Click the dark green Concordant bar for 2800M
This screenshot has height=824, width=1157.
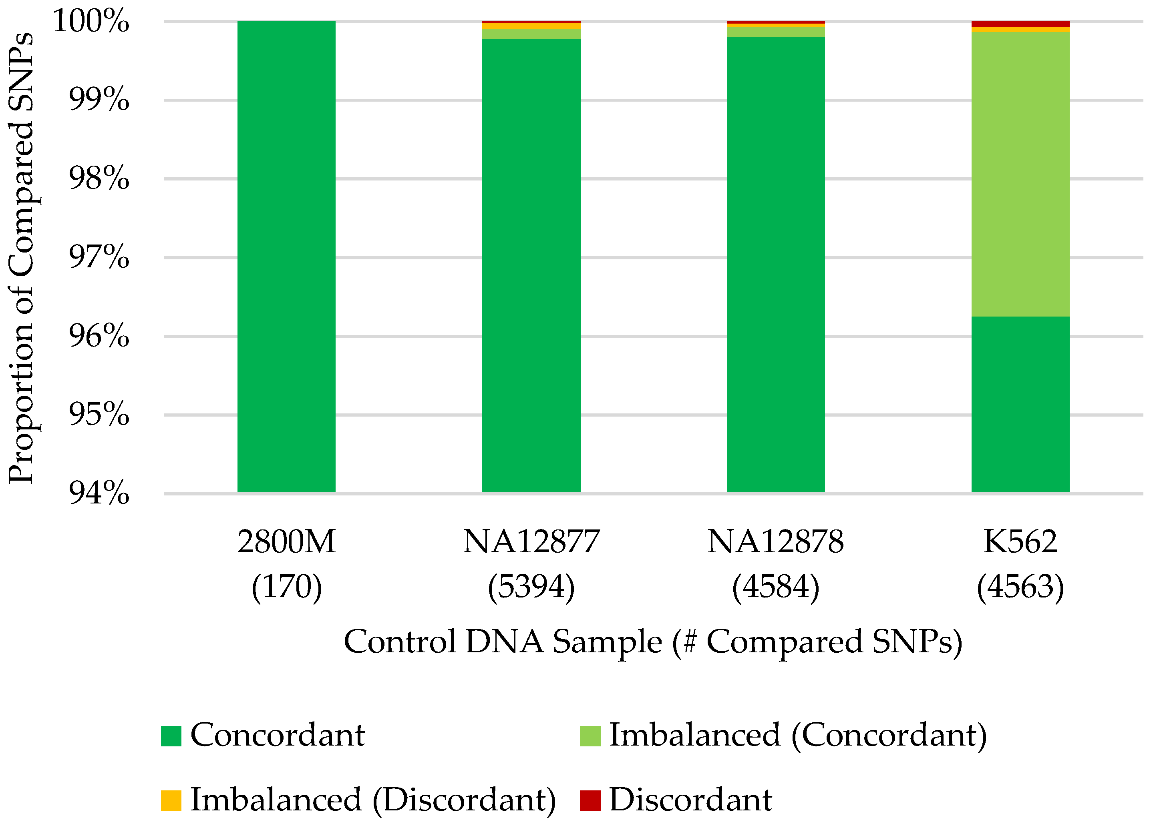286,256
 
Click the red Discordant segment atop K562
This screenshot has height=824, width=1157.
1020,24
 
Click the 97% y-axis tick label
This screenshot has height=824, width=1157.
99,257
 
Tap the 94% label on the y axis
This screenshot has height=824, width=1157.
99,493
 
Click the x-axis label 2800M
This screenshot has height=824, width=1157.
286,542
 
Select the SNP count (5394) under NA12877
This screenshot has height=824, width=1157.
531,587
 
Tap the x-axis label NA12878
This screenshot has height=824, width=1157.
775,542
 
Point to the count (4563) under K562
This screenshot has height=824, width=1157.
1020,587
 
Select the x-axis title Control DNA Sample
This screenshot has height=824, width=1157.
652,642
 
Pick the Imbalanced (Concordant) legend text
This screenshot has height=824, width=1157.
797,735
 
